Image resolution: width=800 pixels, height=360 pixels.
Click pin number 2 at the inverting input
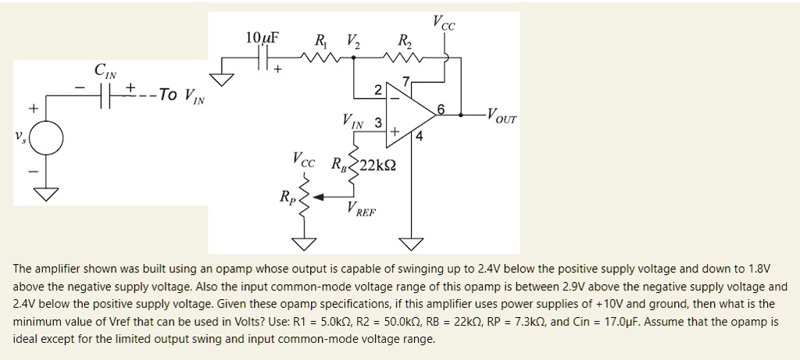point(378,91)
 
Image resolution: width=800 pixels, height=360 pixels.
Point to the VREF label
point(361,209)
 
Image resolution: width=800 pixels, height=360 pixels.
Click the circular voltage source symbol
point(48,140)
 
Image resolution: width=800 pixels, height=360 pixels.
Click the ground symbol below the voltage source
point(47,194)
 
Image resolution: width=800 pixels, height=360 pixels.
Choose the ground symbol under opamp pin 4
point(409,243)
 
